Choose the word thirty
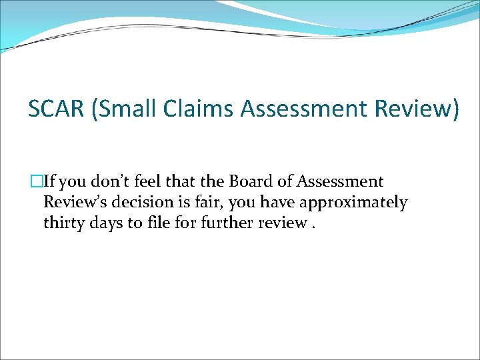pos(64,223)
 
